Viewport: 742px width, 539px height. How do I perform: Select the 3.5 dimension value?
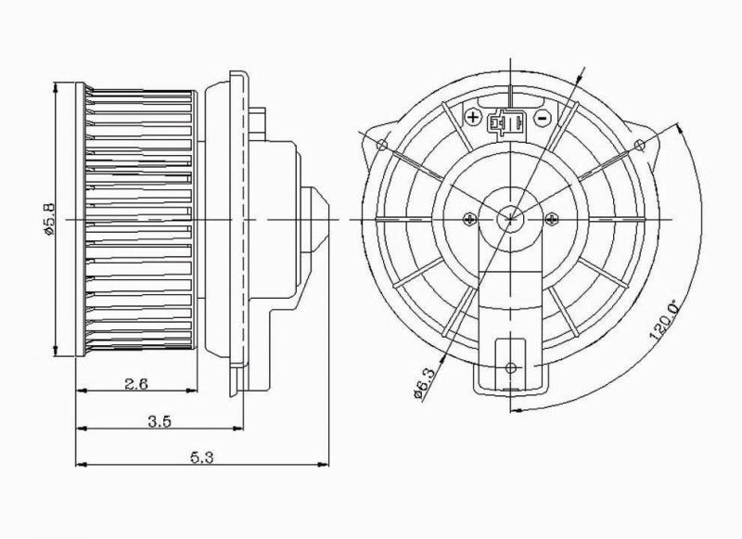159,421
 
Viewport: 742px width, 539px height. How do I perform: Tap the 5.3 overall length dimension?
204,455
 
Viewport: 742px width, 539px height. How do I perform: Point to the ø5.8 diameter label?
51,219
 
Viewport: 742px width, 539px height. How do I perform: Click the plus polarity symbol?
473,118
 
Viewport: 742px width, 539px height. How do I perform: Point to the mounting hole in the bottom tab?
511,368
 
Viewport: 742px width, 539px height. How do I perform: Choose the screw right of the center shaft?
553,218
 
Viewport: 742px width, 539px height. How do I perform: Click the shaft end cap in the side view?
314,218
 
